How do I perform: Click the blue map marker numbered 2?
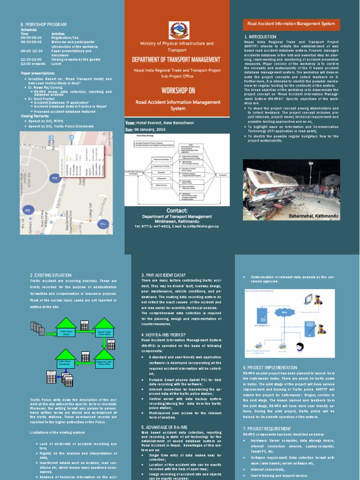click(55, 178)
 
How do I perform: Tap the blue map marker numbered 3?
click(28, 210)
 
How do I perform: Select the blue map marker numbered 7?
click(103, 224)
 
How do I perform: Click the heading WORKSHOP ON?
click(177, 90)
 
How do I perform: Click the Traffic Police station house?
click(66, 330)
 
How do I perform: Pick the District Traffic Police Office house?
click(104, 330)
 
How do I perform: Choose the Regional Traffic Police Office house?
click(104, 362)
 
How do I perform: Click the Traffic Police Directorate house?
click(66, 362)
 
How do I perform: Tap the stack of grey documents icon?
click(37, 328)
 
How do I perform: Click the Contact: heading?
click(177, 210)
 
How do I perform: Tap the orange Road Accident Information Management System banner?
click(291, 22)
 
